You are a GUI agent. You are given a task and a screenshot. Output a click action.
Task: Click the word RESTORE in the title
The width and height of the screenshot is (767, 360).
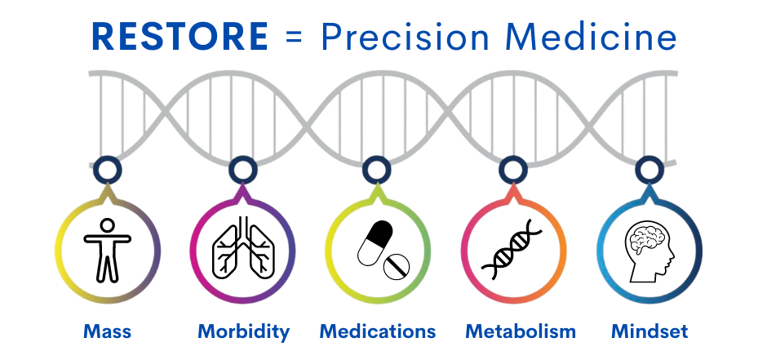(180, 37)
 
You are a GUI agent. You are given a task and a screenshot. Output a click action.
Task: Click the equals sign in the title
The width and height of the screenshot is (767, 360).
(294, 38)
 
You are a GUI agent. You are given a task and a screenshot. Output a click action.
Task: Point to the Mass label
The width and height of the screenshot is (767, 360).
(107, 331)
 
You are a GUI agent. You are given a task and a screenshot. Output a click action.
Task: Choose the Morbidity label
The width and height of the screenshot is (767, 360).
(244, 331)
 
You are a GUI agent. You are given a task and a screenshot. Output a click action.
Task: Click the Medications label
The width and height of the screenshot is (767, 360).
(378, 331)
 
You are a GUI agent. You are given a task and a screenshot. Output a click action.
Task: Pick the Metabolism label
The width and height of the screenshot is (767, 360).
(521, 331)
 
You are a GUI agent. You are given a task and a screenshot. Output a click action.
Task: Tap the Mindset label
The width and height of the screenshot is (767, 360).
(650, 331)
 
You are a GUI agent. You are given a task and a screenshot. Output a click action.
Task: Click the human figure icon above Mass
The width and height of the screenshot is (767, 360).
(107, 250)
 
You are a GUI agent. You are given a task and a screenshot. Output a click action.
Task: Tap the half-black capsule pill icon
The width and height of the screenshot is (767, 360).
(375, 243)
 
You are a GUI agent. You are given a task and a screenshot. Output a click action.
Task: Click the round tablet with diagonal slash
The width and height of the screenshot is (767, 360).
(397, 267)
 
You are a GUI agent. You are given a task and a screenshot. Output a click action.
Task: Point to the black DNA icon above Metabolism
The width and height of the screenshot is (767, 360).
(512, 250)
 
